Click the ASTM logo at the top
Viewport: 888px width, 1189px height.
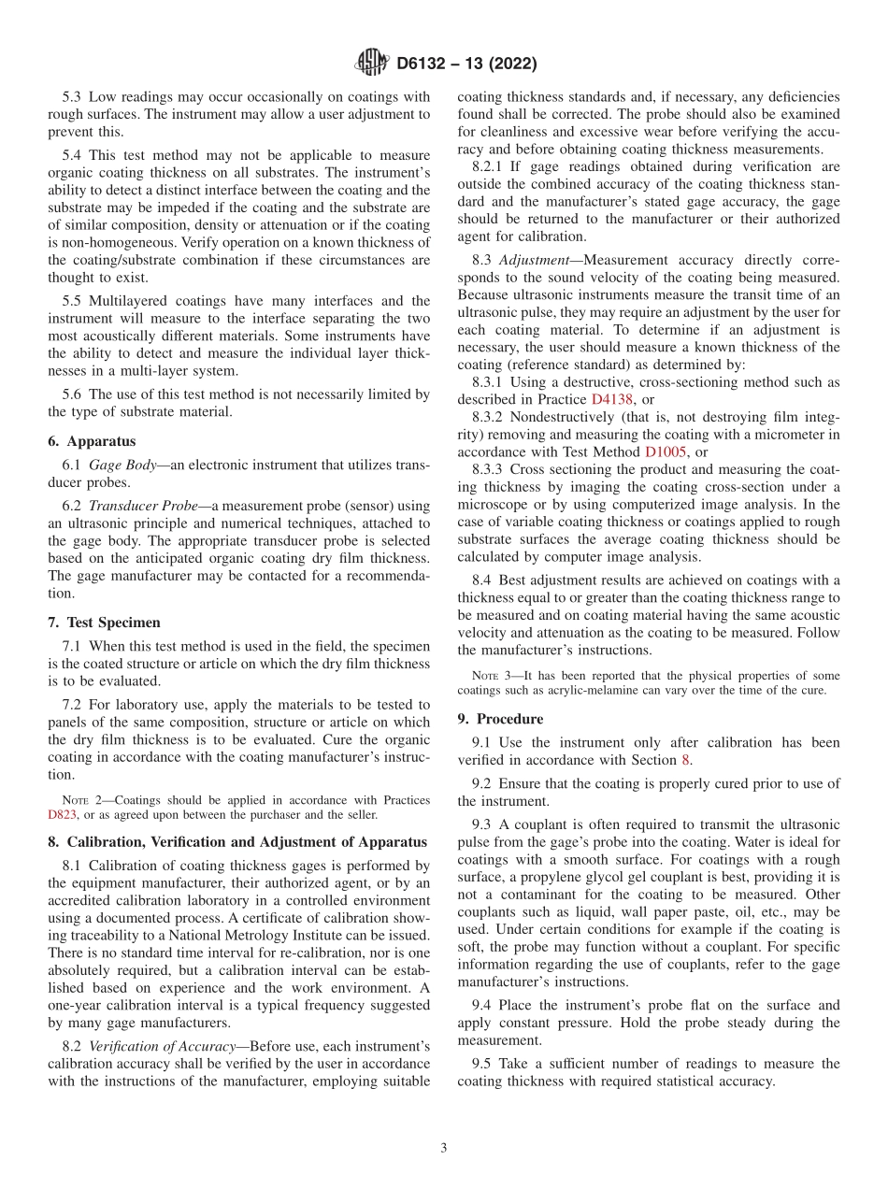[371, 64]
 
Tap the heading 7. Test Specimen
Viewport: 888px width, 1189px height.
[104, 622]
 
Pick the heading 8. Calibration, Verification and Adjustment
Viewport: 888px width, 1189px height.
[237, 842]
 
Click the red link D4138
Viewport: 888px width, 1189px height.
[611, 399]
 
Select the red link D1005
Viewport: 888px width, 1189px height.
[666, 451]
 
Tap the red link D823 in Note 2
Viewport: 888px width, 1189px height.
[62, 814]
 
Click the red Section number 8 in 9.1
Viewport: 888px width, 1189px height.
[688, 760]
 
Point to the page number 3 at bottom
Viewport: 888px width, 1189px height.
[444, 1148]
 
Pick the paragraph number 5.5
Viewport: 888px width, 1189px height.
[74, 301]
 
